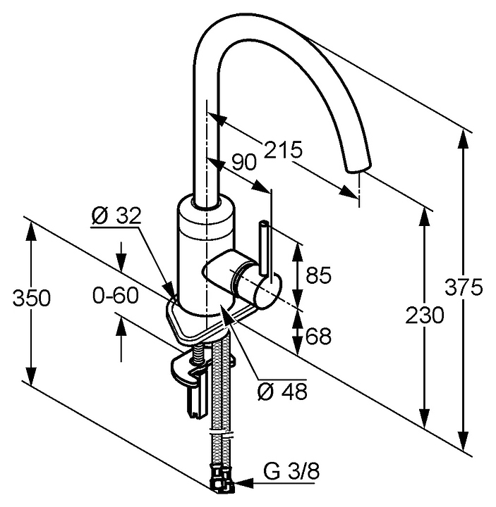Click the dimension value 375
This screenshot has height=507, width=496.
464,287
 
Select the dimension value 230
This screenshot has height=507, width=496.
425,315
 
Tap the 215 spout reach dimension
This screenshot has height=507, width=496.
283,149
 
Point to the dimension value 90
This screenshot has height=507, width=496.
243,162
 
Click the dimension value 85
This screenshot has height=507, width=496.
319,275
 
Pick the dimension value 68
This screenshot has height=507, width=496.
319,336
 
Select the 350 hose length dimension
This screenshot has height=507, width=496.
32,298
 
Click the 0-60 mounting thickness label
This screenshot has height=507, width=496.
116,295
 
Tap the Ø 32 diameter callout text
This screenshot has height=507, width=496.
117,215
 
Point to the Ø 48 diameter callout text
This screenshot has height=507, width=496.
282,392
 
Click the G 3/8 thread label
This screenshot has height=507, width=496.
291,472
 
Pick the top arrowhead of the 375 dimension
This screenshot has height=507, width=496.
464,139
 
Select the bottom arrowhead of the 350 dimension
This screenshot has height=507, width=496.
32,376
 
